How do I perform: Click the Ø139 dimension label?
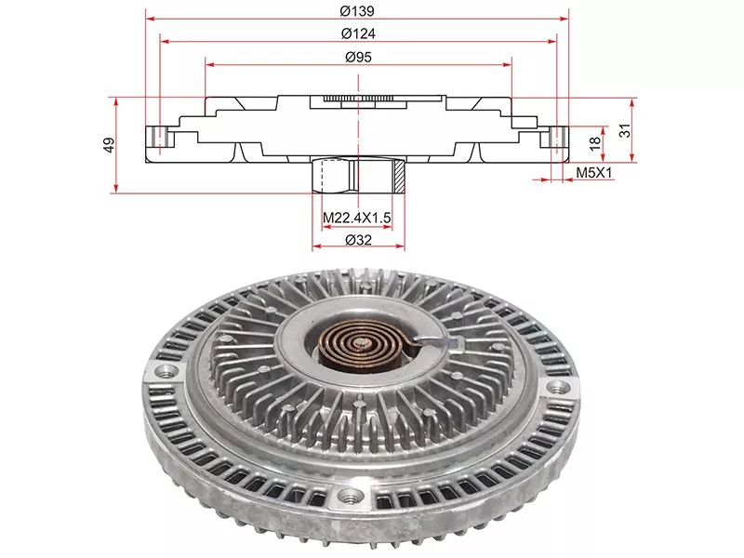(358, 10)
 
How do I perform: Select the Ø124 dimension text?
(358, 33)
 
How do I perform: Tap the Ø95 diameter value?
(358, 58)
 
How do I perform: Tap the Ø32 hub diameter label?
(358, 240)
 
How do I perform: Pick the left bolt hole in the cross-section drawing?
(161, 138)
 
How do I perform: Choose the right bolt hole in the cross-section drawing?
(557, 138)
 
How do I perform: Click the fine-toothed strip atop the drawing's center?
(358, 98)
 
